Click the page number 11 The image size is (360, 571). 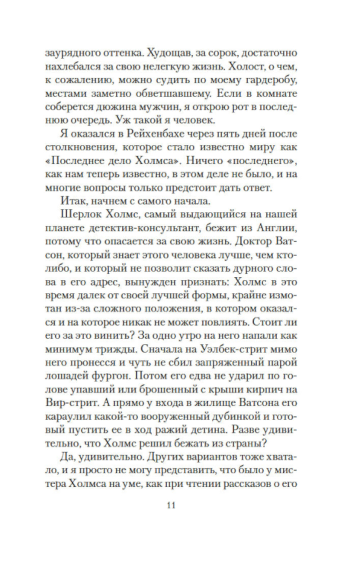point(171,505)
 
